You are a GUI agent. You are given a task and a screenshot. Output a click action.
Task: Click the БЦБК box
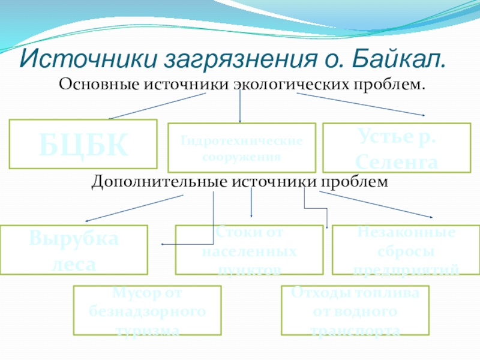pos(83,143)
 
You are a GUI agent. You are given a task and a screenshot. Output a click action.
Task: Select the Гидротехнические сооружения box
pos(241,148)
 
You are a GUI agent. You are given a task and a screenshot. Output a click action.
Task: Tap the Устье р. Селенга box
pos(397,148)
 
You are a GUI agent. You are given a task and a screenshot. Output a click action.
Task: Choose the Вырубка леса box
pos(74,250)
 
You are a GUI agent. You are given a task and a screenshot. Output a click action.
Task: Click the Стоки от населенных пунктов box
pos(249,250)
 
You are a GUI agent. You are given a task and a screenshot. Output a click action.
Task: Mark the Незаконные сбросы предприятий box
pos(406,250)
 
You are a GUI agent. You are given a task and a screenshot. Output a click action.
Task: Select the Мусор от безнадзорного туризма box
pos(147,310)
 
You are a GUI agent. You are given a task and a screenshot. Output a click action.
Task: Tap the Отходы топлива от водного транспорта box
pos(355,310)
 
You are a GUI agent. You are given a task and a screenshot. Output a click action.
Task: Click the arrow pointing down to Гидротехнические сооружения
pos(240,108)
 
